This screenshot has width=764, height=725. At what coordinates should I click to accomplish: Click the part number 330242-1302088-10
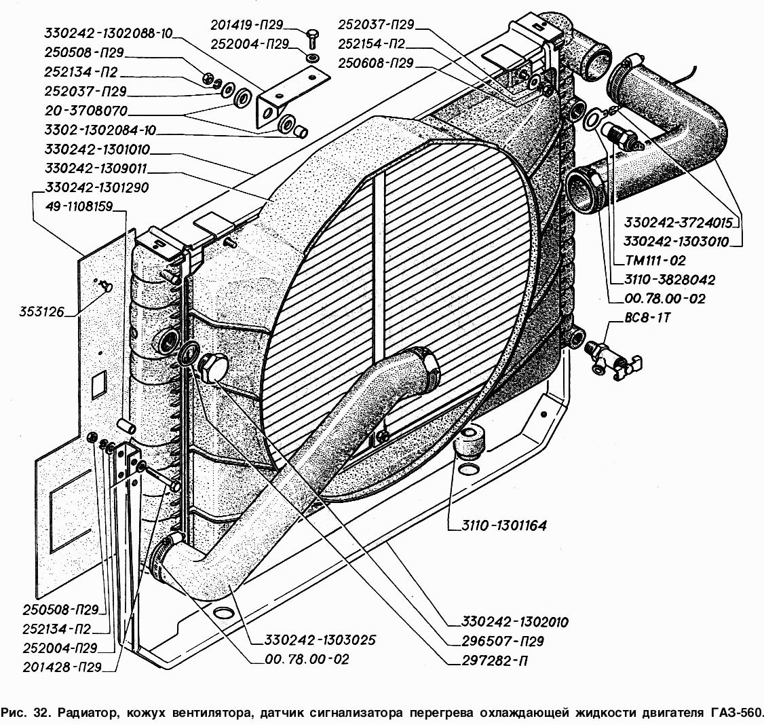pyautogui.click(x=109, y=32)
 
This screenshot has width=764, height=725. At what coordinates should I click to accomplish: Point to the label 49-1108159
pyautogui.click(x=79, y=206)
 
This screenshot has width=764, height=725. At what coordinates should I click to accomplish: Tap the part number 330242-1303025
pyautogui.click(x=313, y=639)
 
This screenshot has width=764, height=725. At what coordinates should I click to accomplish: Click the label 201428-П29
pyautogui.click(x=62, y=667)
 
